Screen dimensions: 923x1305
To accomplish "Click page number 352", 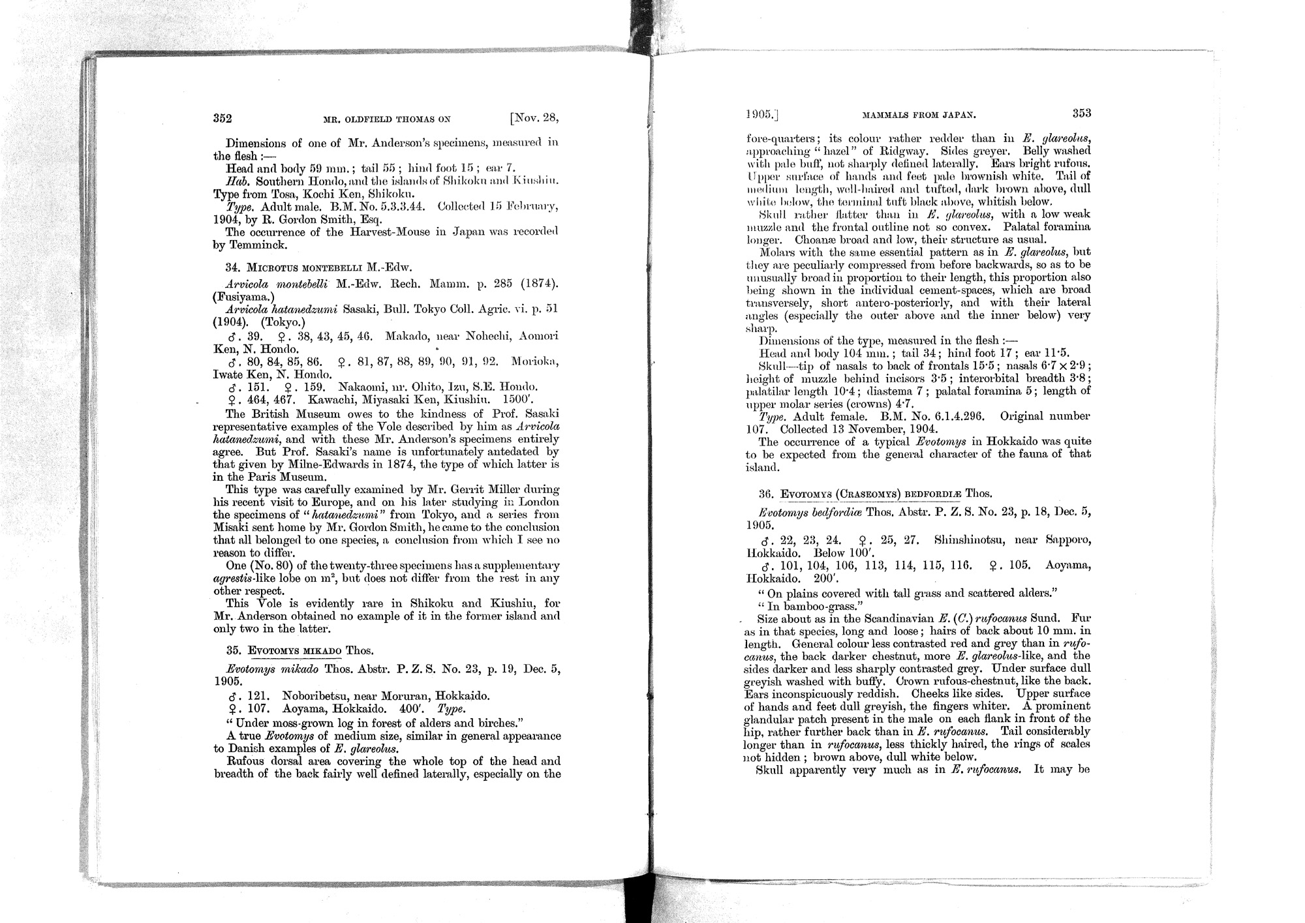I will (223, 119).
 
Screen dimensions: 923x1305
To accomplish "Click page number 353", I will (1081, 113).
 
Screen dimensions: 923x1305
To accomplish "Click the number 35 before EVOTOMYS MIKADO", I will (232, 650).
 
